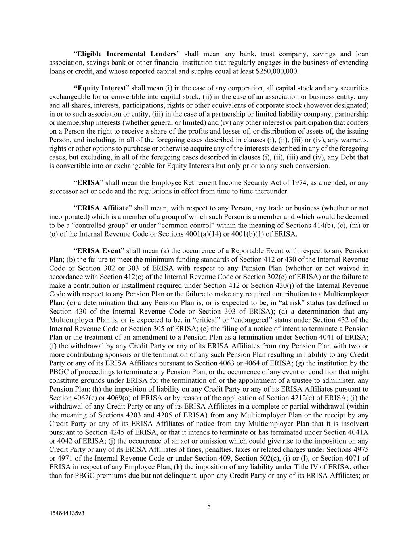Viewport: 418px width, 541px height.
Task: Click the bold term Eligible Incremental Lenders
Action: pyautogui.click(x=126, y=54)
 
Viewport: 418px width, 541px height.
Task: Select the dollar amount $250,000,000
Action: pyautogui.click(x=277, y=71)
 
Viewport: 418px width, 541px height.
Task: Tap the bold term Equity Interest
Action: pyautogui.click(x=99, y=88)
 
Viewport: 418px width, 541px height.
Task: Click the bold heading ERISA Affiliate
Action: pyautogui.click(x=103, y=208)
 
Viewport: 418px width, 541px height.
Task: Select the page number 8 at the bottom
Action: pyautogui.click(x=209, y=505)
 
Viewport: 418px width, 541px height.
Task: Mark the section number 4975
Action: pyautogui.click(x=360, y=449)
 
